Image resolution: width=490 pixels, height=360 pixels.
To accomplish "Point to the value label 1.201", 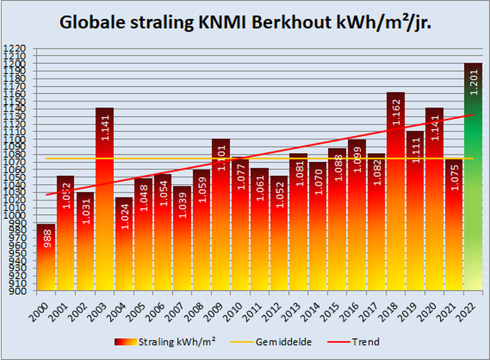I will point(473,83).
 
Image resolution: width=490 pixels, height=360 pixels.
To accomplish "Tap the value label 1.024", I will point(124,216).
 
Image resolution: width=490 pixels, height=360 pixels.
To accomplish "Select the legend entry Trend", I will point(367,342).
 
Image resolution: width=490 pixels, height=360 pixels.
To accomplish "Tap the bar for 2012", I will point(279,240).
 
